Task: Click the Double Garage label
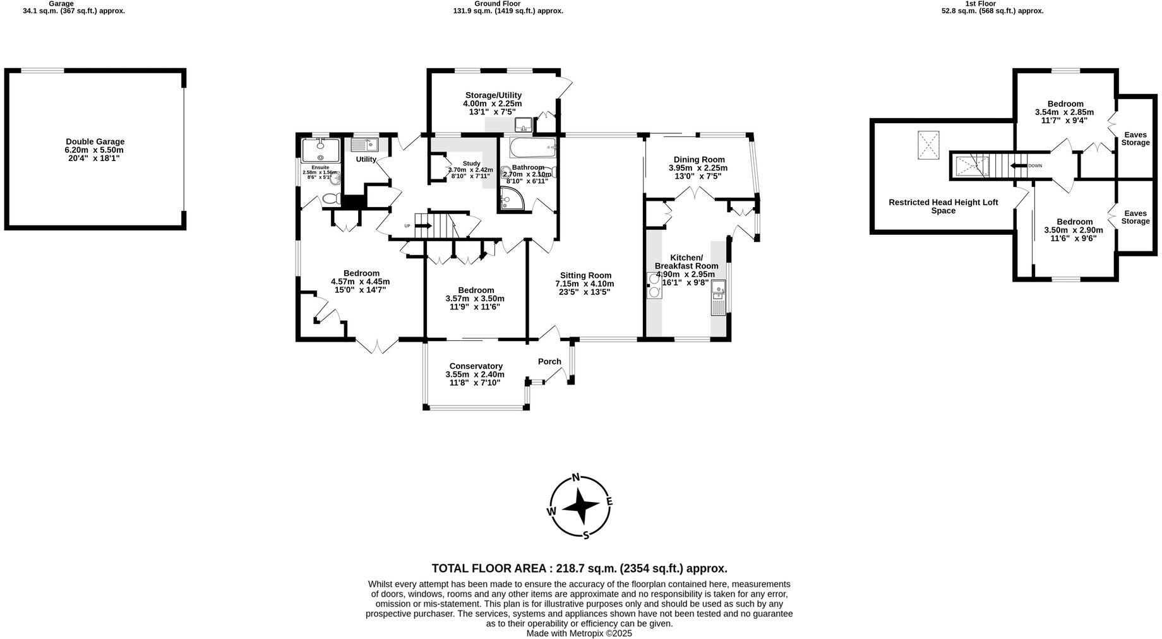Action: tap(95, 142)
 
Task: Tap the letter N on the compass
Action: tap(575, 477)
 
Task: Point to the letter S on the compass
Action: tap(586, 535)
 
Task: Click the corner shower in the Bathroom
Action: tap(511, 198)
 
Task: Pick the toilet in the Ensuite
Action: tap(330, 199)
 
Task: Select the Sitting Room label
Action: tap(584, 275)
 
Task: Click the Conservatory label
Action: tap(476, 366)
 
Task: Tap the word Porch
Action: tap(549, 362)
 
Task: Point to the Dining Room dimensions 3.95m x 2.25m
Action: tap(698, 168)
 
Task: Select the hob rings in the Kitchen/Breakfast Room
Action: tap(654, 285)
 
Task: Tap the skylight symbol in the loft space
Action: tap(928, 145)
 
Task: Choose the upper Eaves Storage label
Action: tap(1135, 138)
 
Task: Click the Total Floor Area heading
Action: tap(579, 568)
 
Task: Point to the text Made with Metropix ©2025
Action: tap(579, 633)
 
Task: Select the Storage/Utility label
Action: tap(493, 95)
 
